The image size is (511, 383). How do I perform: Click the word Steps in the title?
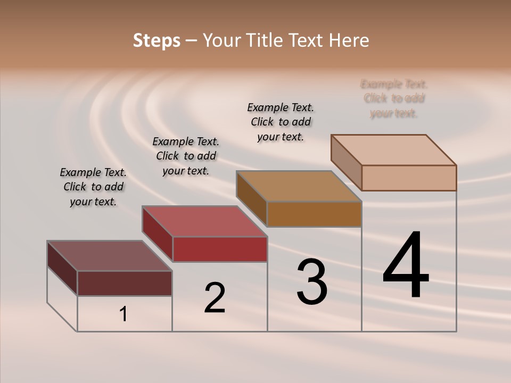(156, 40)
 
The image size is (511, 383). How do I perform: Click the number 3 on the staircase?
(312, 282)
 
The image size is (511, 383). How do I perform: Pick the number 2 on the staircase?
(215, 298)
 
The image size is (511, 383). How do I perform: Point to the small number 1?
(123, 314)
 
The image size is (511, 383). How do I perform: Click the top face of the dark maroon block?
(109, 256)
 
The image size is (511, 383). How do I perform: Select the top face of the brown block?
(299, 186)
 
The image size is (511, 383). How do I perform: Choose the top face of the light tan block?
(394, 150)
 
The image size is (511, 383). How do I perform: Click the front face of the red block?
(220, 249)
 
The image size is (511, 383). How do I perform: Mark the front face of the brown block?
(314, 214)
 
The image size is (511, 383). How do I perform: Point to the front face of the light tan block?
(409, 178)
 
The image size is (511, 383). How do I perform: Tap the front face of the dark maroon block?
(125, 283)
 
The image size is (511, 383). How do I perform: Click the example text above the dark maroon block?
(93, 187)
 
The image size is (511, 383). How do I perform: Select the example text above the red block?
(186, 156)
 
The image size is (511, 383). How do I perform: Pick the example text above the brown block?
(281, 122)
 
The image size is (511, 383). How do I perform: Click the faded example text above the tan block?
(394, 98)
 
